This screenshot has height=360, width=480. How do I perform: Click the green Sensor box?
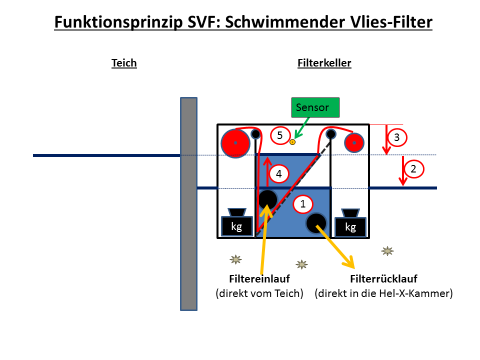[x=315, y=107]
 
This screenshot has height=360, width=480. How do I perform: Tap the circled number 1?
[x=303, y=204]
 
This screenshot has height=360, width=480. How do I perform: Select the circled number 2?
[x=413, y=169]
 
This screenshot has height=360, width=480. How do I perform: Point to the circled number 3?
[x=397, y=137]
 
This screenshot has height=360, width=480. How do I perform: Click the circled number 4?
[x=278, y=174]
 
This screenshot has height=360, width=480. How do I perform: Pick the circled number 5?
[x=280, y=135]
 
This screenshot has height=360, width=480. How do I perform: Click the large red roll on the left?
[x=235, y=143]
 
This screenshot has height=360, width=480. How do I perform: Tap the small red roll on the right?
[x=354, y=142]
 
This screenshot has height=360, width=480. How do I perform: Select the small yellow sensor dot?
[x=292, y=142]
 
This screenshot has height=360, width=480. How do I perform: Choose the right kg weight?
[x=350, y=223]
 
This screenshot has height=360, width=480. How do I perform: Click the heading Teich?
[x=124, y=63]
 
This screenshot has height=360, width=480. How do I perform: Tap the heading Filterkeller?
[x=324, y=63]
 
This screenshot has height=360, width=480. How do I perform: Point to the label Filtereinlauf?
[x=259, y=279]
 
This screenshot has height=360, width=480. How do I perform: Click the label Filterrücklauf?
[x=383, y=279]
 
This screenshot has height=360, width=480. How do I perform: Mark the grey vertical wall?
[x=188, y=204]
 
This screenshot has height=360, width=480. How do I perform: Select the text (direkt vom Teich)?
[x=259, y=293]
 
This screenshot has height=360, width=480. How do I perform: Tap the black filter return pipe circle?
[x=316, y=223]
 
